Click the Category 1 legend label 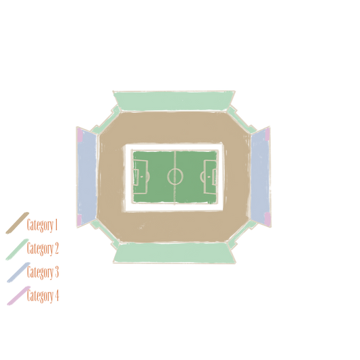[42, 225]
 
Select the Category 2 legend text [43, 249]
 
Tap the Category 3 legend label [43, 272]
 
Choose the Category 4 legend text [43, 296]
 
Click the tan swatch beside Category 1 [17, 223]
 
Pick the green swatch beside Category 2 [17, 249]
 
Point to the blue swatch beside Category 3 [18, 272]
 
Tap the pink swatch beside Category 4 [19, 296]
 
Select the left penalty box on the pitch [140, 177]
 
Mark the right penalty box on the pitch [210, 177]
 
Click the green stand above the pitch [174, 101]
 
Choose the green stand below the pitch [174, 253]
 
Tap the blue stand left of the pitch [87, 177]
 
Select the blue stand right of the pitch [260, 177]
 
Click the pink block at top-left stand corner [80, 135]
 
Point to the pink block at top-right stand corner [267, 134]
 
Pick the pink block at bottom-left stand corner [79, 220]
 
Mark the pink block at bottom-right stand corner [267, 219]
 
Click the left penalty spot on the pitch [141, 177]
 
